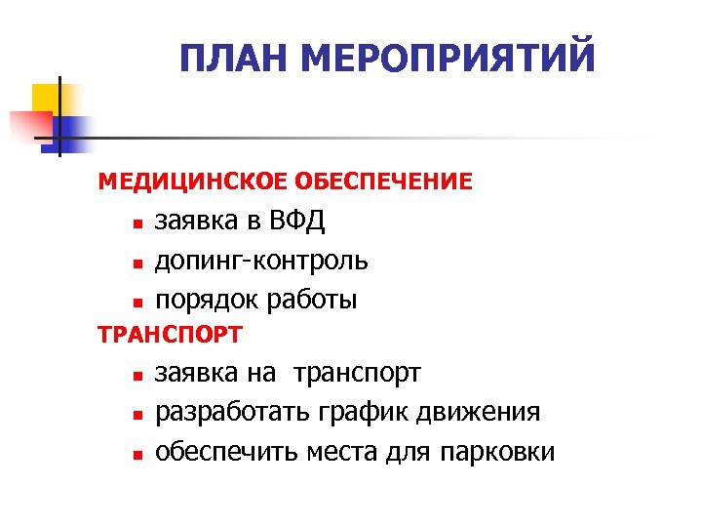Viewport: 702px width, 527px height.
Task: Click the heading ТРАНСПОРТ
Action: (x=170, y=335)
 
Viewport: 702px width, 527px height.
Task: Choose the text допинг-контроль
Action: (x=261, y=261)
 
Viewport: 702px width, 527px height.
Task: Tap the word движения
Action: (x=481, y=412)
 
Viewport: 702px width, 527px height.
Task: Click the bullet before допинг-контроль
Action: (x=138, y=263)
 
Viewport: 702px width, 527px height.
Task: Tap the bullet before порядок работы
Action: (x=138, y=302)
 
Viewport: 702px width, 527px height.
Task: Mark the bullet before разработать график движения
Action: (x=138, y=414)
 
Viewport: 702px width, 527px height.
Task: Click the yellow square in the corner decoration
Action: (x=46, y=98)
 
